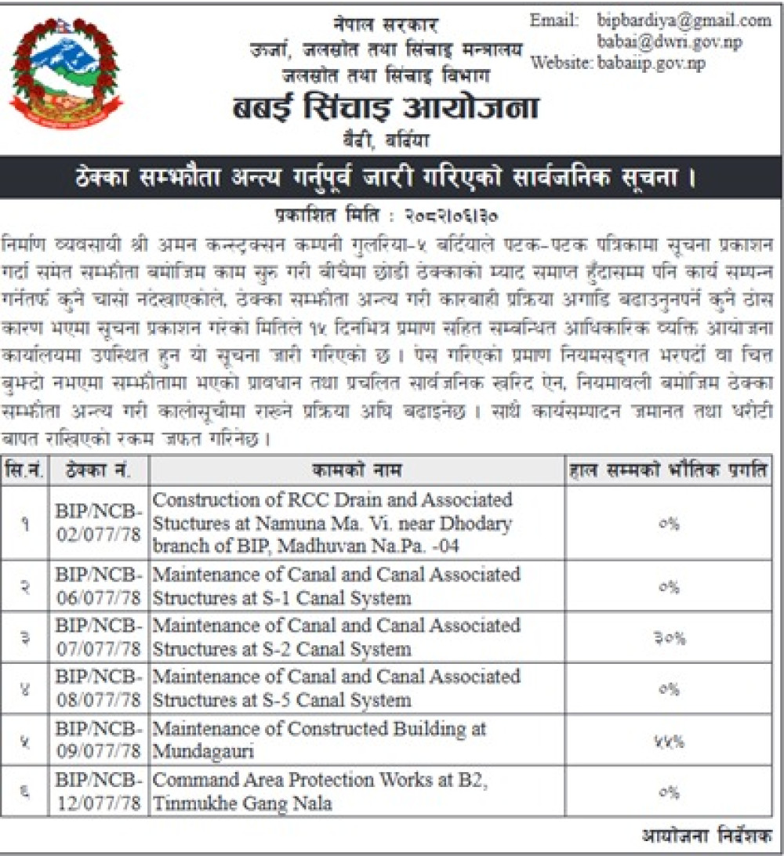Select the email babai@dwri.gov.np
[x=669, y=42]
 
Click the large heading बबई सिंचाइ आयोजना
[x=385, y=108]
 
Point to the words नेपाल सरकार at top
[x=383, y=24]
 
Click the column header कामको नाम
[x=357, y=470]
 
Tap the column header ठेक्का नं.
[x=98, y=470]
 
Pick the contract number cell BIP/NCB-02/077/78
[x=99, y=521]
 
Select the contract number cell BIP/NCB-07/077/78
[x=99, y=637]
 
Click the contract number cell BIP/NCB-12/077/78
[x=99, y=792]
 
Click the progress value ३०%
[x=669, y=638]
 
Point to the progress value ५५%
[x=669, y=740]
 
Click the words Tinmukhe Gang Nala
[x=243, y=803]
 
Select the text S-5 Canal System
[x=329, y=700]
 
